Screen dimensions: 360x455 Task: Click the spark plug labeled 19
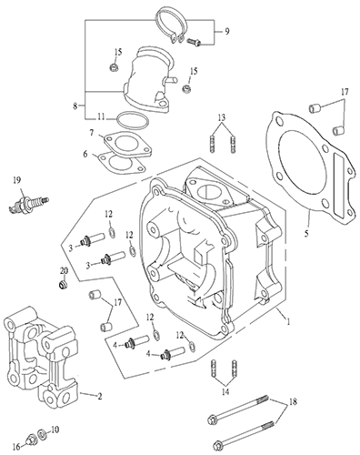click(x=28, y=204)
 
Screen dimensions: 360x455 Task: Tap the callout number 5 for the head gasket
click(x=306, y=234)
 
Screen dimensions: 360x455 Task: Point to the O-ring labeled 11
click(x=133, y=120)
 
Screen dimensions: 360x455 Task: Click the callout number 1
click(x=288, y=321)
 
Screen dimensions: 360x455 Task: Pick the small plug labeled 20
click(x=63, y=285)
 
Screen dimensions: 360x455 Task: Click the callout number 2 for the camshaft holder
click(x=99, y=396)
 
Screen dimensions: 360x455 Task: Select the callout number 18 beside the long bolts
click(x=293, y=401)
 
